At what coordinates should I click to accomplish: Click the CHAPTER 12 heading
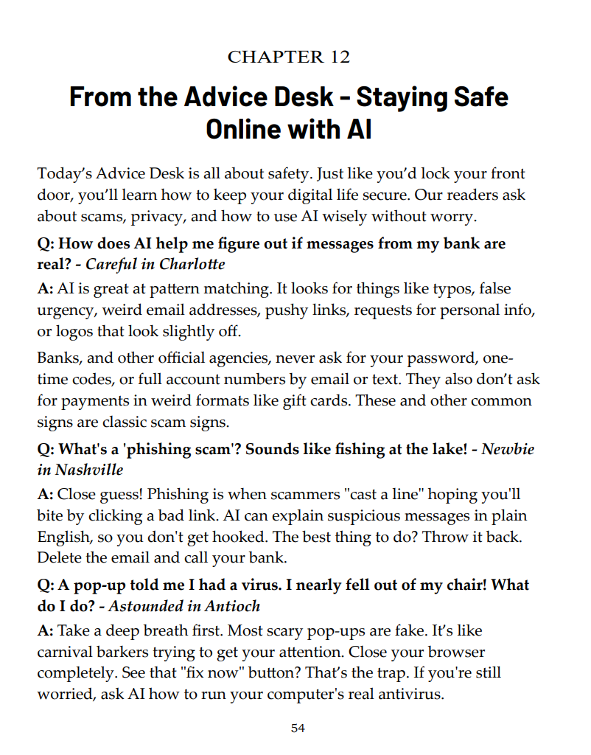pos(289,57)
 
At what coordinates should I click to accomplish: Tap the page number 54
pos(298,728)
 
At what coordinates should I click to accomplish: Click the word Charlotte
pos(196,264)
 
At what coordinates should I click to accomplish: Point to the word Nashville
pos(88,469)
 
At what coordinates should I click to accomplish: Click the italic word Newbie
pos(508,448)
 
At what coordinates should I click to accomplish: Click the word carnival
pos(64,653)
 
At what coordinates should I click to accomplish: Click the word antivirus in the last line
pos(410,694)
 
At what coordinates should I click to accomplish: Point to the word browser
pos(452,653)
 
